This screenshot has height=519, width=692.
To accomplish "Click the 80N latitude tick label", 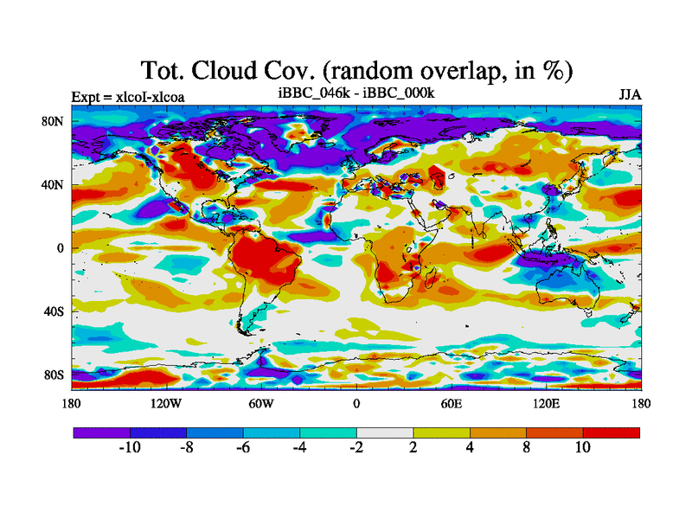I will click(x=53, y=121).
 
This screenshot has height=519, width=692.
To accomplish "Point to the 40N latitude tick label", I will click(x=53, y=184).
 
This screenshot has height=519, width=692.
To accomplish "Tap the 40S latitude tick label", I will click(x=53, y=311).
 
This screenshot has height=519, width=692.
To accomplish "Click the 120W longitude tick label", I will click(x=166, y=404).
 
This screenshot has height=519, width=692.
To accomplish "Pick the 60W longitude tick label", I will click(x=261, y=404).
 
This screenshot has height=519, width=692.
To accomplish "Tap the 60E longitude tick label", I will click(x=451, y=404).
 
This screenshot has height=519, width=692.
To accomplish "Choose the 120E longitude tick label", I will click(x=545, y=404).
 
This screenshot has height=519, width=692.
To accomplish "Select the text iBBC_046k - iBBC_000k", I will click(x=356, y=93).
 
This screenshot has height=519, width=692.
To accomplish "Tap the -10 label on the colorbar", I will click(x=129, y=447).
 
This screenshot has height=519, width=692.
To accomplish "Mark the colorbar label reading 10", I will click(x=583, y=447).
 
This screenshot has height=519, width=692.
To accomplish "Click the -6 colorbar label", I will click(x=242, y=447).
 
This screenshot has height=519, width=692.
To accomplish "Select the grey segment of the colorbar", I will click(x=384, y=432).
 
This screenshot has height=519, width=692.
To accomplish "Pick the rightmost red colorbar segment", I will click(x=612, y=432).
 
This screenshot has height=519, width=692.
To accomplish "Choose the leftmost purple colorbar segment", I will click(x=101, y=432).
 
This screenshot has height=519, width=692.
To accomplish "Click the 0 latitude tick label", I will click(x=61, y=248).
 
